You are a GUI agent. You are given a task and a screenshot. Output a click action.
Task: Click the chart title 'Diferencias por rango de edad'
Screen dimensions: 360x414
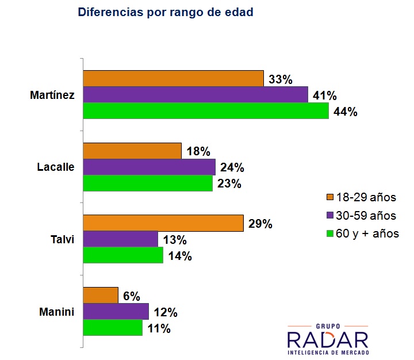point(165,12)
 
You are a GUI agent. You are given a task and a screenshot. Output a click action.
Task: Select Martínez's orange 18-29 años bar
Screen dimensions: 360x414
point(173,79)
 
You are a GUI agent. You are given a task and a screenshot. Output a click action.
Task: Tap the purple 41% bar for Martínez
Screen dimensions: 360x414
point(195,95)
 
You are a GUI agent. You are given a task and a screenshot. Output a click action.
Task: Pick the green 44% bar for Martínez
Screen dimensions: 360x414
point(206,111)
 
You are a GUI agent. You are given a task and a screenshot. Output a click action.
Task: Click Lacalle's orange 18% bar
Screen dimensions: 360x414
point(132,151)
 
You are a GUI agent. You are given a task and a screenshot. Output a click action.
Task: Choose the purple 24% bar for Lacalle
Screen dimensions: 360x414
point(149,167)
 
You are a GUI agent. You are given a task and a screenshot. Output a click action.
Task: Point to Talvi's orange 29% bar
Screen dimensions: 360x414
point(163,223)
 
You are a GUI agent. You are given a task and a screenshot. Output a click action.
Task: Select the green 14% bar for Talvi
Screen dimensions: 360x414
point(123,255)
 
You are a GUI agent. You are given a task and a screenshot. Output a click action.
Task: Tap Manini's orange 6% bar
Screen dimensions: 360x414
point(101,295)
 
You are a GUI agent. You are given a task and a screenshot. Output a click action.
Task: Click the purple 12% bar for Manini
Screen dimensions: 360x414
point(116,312)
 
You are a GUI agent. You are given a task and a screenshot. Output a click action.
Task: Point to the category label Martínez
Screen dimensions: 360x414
point(52,95)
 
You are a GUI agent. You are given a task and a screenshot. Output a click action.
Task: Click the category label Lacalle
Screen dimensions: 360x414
point(56,167)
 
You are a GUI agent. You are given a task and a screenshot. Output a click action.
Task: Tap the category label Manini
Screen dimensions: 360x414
point(57,312)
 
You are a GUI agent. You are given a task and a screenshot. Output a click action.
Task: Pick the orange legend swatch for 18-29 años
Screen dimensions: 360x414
point(330,198)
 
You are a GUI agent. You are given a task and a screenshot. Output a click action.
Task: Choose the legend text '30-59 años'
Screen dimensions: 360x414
point(367,216)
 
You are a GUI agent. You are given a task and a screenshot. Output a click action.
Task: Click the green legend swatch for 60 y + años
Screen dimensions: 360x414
point(330,233)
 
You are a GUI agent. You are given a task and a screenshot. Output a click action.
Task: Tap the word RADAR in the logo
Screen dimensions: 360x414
point(328,338)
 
